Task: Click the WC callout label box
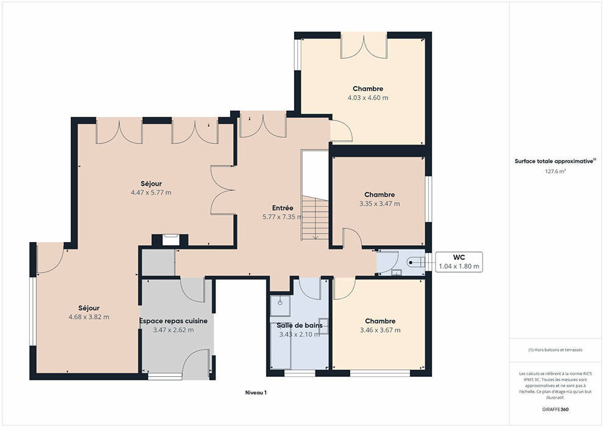[x=459, y=262]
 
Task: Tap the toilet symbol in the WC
[x=415, y=262]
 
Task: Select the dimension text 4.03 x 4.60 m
[x=368, y=98]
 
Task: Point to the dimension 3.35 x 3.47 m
[x=379, y=204]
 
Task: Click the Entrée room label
[x=282, y=208]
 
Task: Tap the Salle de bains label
[x=300, y=325]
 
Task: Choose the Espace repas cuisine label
[x=173, y=321]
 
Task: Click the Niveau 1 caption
[x=256, y=393]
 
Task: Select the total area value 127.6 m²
[x=555, y=171]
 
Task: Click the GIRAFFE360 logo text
[x=555, y=409]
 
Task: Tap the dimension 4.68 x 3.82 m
[x=88, y=317]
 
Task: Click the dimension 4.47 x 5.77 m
[x=151, y=193]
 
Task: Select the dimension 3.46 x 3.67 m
[x=380, y=331]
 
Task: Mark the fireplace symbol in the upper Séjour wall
[x=170, y=240]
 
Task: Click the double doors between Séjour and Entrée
[x=223, y=190]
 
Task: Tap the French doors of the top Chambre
[x=364, y=47]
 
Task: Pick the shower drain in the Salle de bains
[x=280, y=303]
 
